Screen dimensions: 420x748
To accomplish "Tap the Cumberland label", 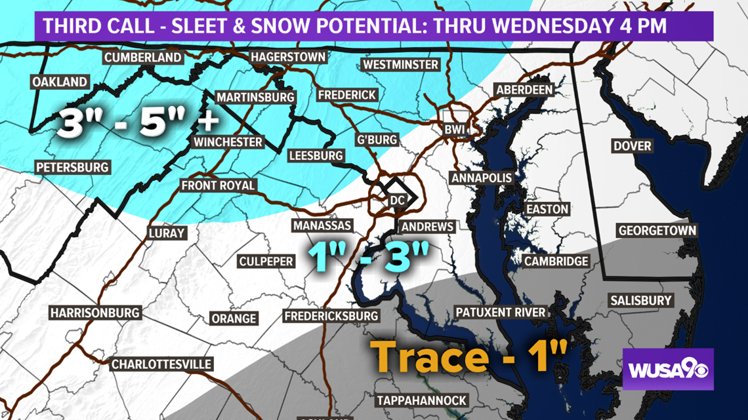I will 143,58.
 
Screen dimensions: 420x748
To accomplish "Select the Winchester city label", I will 228,142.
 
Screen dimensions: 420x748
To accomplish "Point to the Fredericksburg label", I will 331,316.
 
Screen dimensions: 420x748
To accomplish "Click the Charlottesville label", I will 161,364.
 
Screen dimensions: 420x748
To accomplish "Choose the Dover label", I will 632,145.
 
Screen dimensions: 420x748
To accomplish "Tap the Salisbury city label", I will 641,301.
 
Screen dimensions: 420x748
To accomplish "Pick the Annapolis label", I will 481,178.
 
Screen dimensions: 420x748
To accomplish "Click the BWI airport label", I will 454,129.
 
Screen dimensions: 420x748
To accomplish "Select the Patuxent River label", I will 501,312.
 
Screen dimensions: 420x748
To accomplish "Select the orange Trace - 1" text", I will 470,357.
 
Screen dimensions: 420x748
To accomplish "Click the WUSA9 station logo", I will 667,370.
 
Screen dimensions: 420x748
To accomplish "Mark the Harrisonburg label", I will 95,313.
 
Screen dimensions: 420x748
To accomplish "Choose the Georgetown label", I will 657,231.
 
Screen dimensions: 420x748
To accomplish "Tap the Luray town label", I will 167,233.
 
